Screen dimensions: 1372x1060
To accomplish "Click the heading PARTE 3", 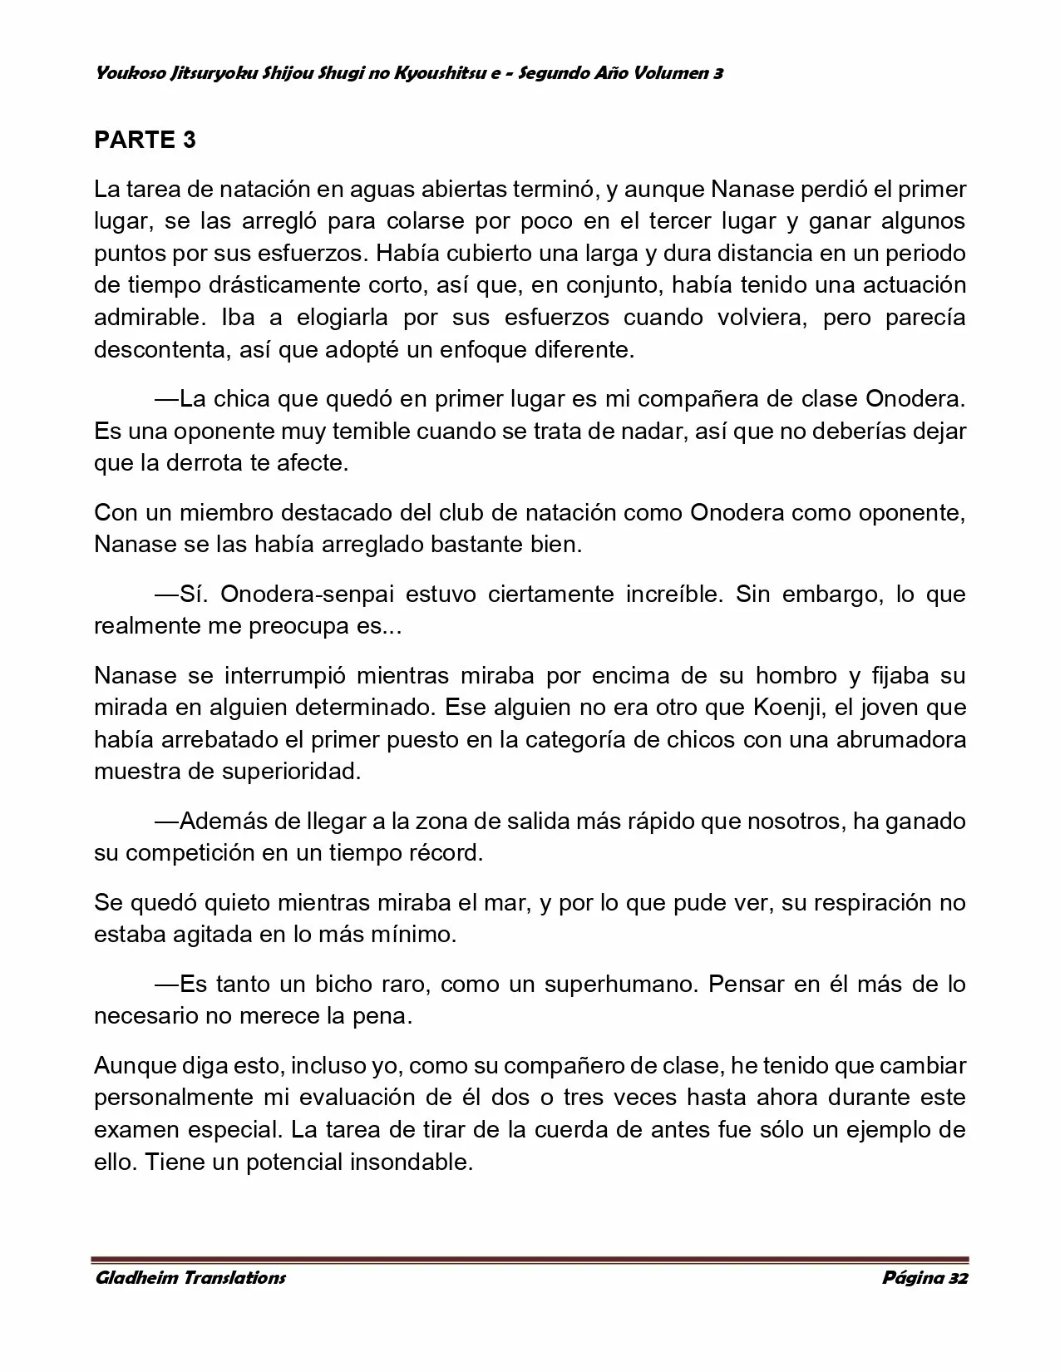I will pos(145,140).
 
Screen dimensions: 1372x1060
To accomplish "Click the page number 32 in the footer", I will pos(958,1278).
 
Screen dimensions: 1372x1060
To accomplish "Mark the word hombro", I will pos(791,676).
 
